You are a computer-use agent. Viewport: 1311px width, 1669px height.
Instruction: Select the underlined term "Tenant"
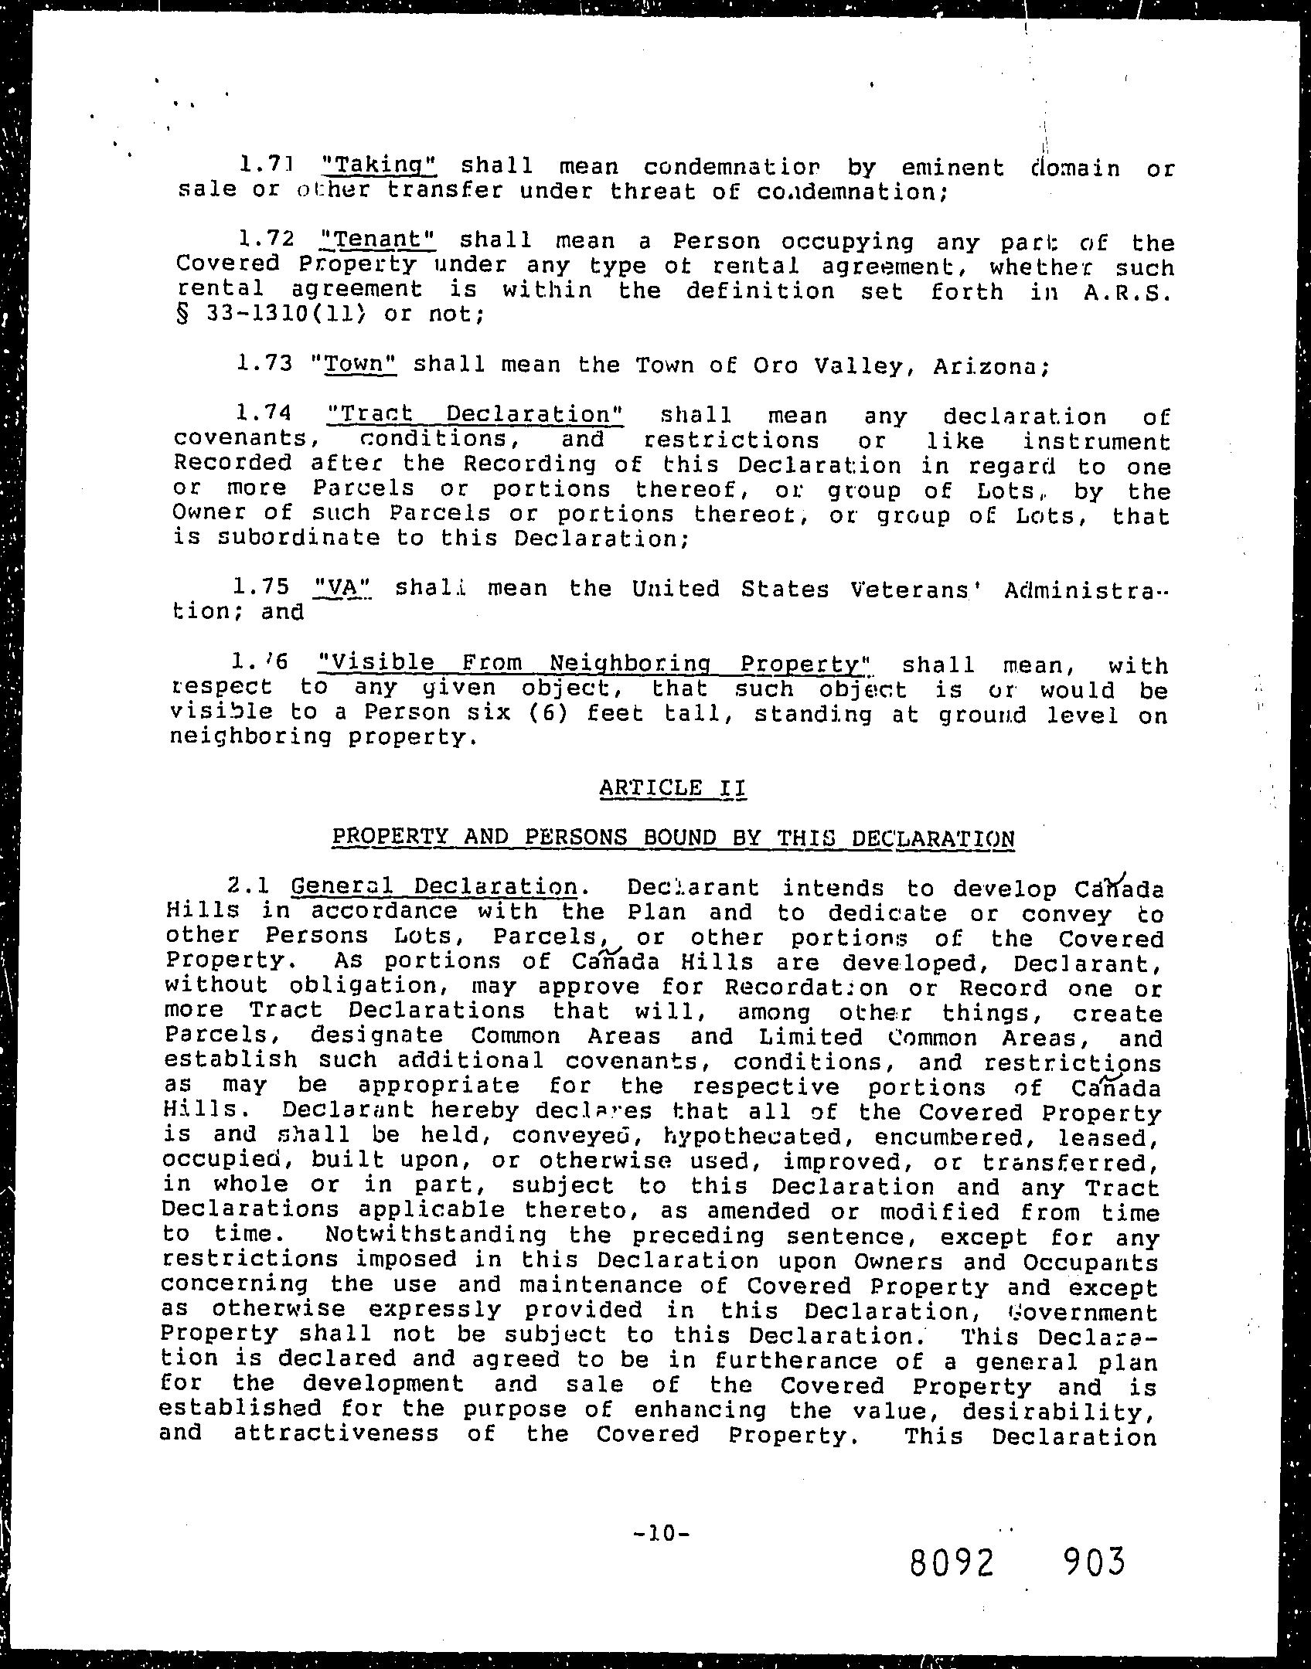[x=378, y=240]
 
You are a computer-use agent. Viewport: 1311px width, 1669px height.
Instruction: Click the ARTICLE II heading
[x=673, y=788]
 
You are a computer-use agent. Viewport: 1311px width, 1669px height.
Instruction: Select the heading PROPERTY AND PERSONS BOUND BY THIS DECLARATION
[x=673, y=838]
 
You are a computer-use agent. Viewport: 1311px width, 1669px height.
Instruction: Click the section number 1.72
[x=267, y=240]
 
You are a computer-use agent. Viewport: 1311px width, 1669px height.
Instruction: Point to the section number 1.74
[x=267, y=415]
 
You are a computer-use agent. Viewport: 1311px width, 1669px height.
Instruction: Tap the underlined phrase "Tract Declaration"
[x=475, y=415]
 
